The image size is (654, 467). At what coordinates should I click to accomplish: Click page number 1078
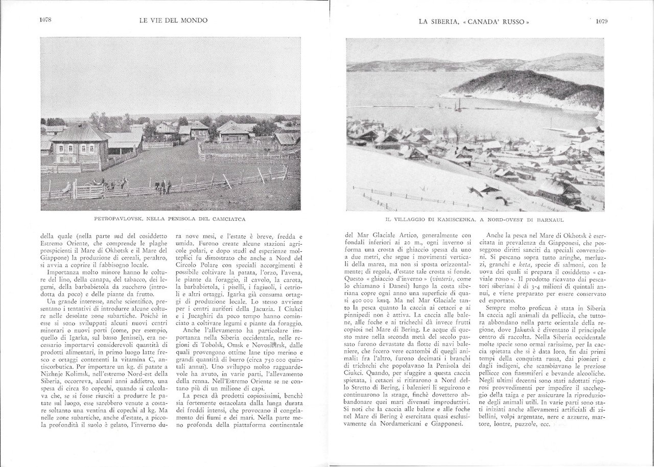pyautogui.click(x=46, y=20)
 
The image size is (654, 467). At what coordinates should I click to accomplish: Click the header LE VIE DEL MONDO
pyautogui.click(x=173, y=21)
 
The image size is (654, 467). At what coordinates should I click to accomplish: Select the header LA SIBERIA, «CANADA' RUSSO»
pyautogui.click(x=473, y=21)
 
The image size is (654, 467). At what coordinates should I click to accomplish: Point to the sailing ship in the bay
pyautogui.click(x=457, y=106)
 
